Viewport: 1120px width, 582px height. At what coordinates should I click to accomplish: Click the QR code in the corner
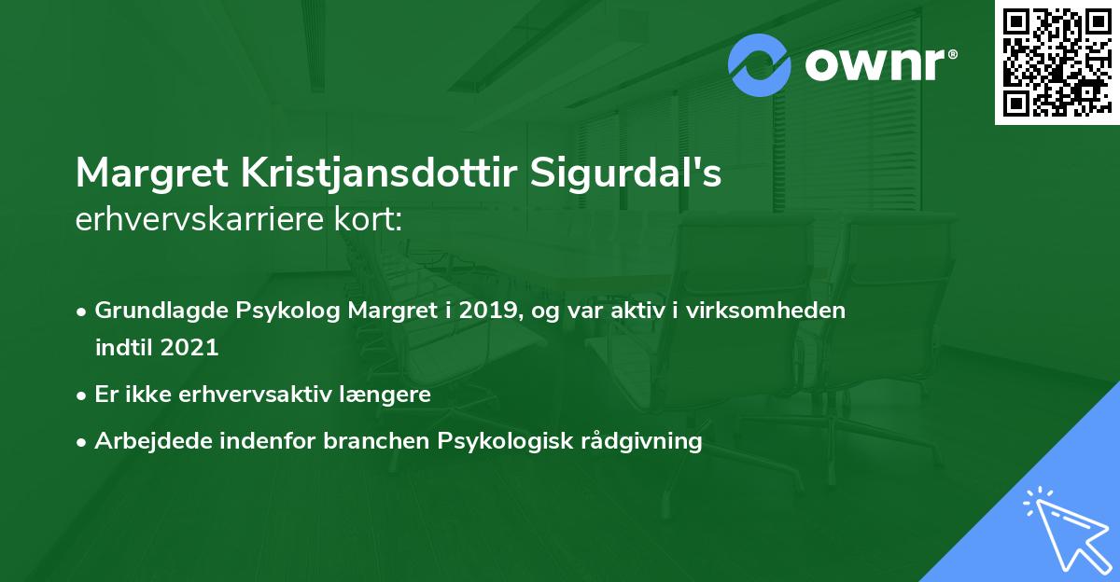click(1056, 62)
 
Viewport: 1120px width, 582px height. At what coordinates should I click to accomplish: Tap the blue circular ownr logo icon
click(760, 65)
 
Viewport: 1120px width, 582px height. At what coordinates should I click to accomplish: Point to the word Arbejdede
click(143, 441)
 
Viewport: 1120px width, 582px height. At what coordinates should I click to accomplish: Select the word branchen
click(385, 441)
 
